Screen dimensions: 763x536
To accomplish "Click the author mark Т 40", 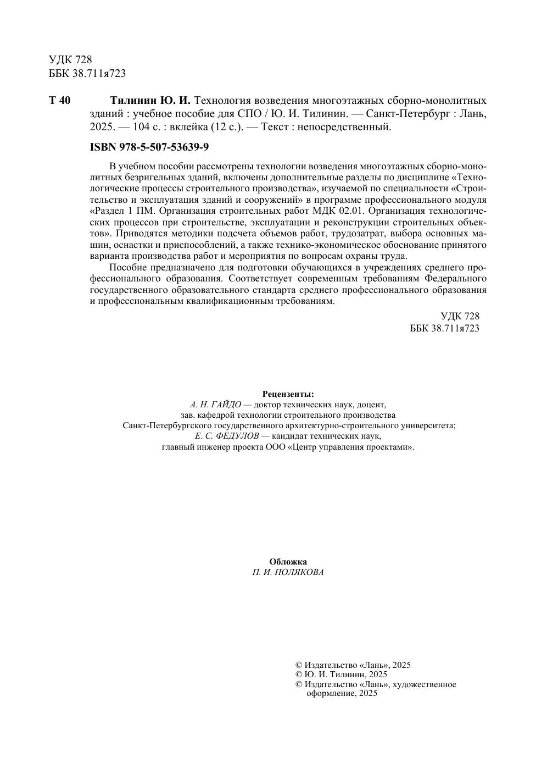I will coord(59,101).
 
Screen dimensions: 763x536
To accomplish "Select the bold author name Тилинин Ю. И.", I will coord(149,101).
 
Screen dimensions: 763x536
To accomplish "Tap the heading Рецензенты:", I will coord(288,394).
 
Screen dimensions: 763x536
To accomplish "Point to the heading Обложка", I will coord(288,562).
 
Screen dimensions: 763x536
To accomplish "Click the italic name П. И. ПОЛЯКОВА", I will coord(288,572).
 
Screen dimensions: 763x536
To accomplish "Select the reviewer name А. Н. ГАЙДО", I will coord(216,405).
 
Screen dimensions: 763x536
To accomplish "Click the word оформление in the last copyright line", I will coord(330,693).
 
